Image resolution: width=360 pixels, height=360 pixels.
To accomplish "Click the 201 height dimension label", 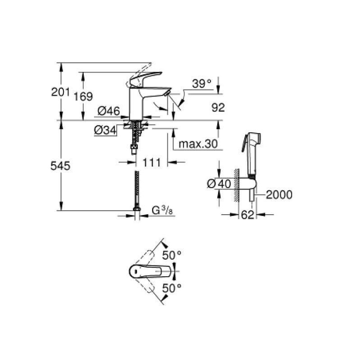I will click(x=60, y=92).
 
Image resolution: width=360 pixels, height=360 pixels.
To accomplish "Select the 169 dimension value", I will click(x=83, y=96).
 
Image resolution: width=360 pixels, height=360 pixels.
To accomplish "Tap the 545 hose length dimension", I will click(x=60, y=166).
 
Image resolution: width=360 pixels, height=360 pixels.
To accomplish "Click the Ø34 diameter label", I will click(x=105, y=130).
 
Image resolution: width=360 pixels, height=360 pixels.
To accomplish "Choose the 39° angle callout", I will click(x=202, y=84).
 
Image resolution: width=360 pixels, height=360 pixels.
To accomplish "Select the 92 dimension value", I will click(x=218, y=108).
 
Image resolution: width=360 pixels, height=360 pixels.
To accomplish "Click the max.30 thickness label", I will click(x=198, y=144).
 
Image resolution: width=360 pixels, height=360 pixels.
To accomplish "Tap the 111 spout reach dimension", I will click(x=152, y=162).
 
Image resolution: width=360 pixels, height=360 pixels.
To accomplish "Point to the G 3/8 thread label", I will click(x=160, y=210).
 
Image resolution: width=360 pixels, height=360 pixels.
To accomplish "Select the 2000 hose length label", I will click(x=279, y=195).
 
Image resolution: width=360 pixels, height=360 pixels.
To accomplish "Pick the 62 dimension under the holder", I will click(x=247, y=216).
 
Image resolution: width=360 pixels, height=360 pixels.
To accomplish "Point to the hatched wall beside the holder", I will click(x=235, y=184).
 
